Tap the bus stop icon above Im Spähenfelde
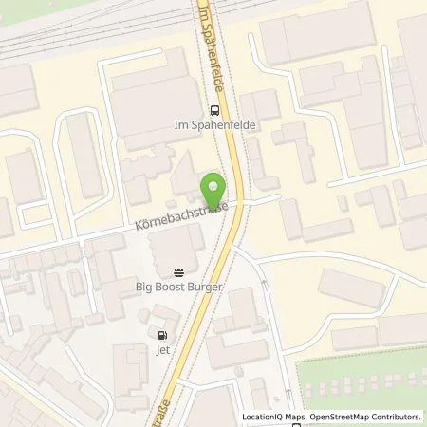coord(213,108)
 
